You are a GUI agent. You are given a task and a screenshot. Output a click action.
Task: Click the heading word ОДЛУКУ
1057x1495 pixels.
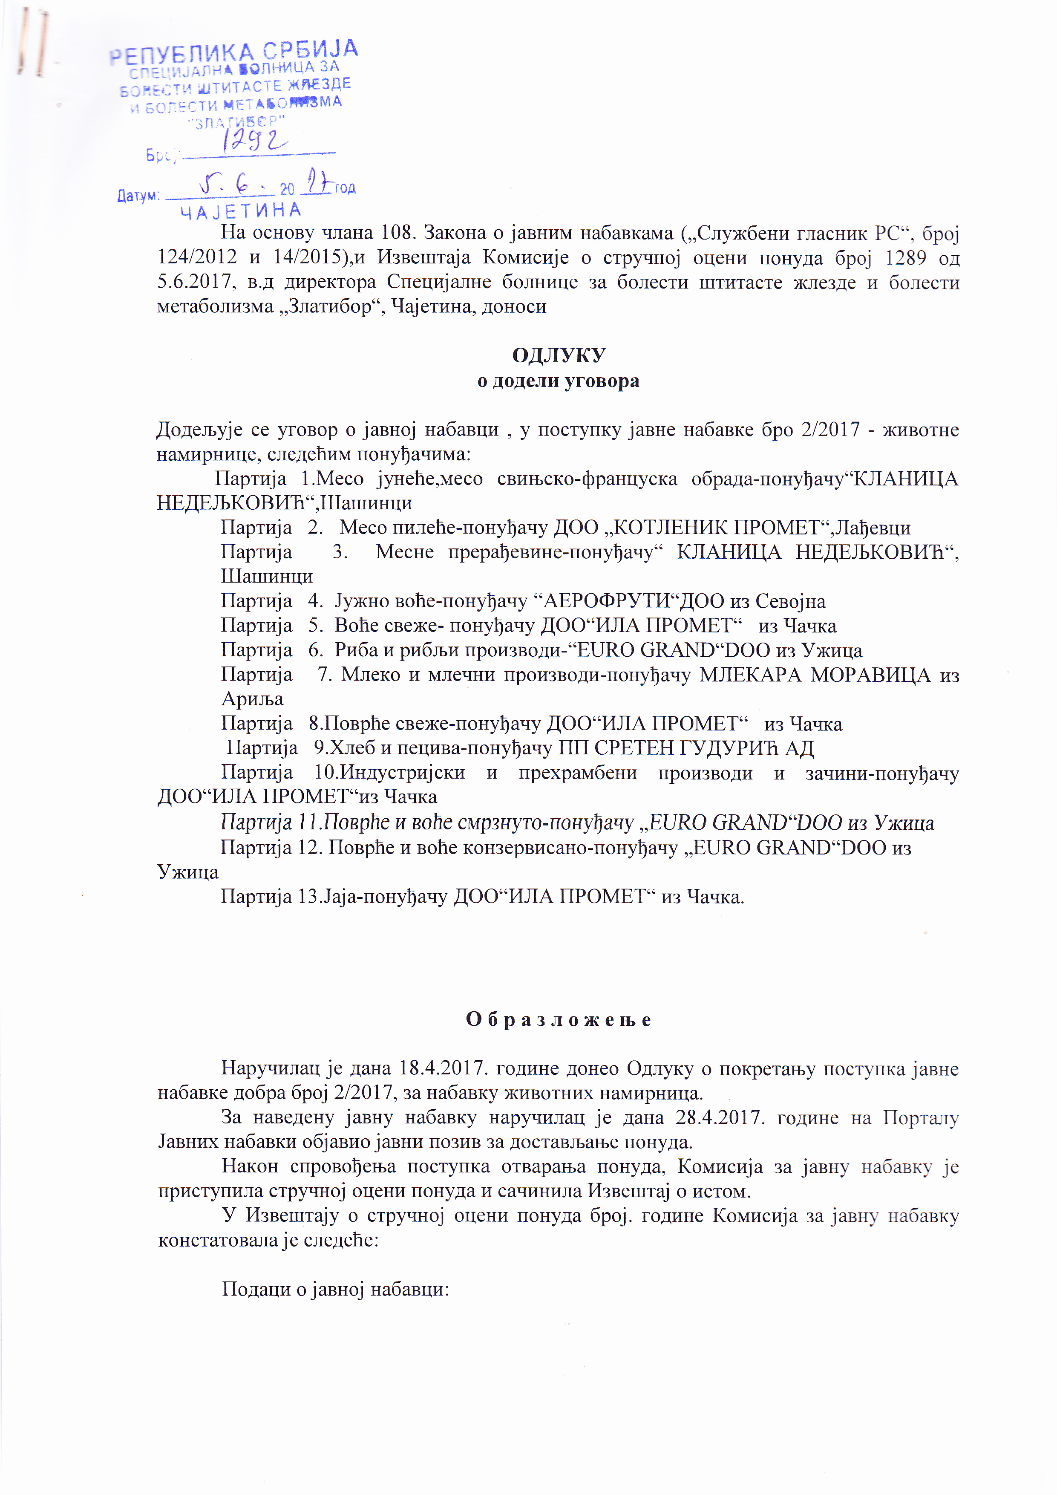point(559,355)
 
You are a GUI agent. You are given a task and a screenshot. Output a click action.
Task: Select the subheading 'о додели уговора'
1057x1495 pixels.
point(559,381)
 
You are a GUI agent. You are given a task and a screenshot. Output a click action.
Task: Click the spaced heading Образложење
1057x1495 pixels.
point(559,1020)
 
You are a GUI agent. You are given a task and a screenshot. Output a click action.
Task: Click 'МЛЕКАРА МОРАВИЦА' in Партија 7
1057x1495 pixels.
point(815,675)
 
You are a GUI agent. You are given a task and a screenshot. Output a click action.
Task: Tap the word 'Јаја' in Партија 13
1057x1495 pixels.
point(339,897)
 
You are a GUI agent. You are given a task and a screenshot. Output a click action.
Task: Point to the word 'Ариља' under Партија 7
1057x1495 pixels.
point(253,699)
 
